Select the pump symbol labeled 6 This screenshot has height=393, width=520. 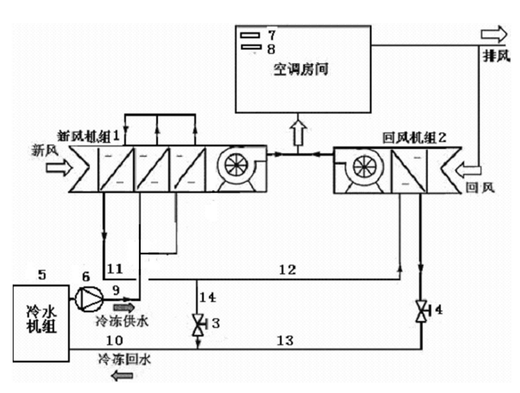pos(89,299)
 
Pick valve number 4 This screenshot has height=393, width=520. pos(421,311)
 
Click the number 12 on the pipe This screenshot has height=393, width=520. pos(287,270)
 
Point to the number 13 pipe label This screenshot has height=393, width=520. pos(285,341)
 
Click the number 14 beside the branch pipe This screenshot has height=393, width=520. pos(208,297)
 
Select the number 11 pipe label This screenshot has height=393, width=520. pos(115,269)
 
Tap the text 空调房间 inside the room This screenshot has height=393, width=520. pos(301,69)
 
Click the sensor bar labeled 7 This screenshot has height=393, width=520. pos(250,35)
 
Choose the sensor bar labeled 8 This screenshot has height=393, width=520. pos(251,47)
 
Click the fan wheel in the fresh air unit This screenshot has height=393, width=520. pos(236,165)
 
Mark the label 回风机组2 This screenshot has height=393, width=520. pos(414,138)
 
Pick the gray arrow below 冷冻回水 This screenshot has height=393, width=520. pos(123,376)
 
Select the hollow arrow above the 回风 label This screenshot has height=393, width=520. pos(468,170)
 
